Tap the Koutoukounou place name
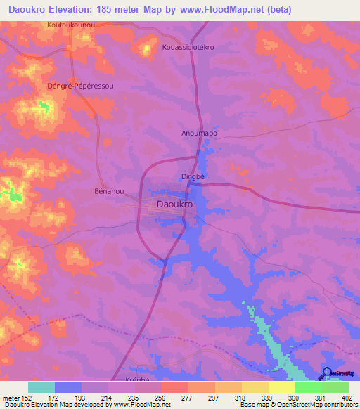click(x=71, y=25)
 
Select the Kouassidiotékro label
click(x=188, y=47)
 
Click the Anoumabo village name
click(x=200, y=133)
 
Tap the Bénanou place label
click(x=109, y=190)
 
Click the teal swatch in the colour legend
click(x=41, y=387)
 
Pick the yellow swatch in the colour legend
click(x=281, y=387)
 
